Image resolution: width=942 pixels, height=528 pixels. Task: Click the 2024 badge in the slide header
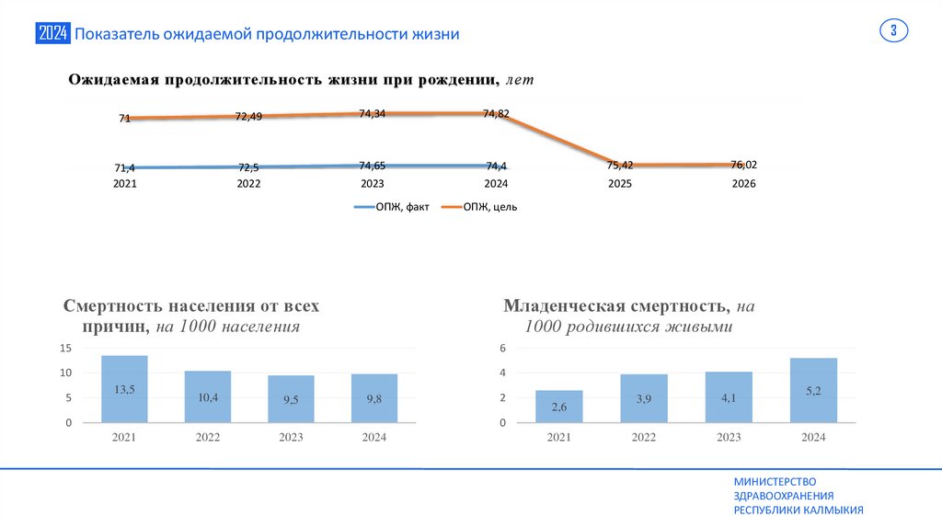[x=53, y=34]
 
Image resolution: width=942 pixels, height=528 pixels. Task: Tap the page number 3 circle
[x=893, y=31]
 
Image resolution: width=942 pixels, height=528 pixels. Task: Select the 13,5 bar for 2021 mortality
[x=124, y=389]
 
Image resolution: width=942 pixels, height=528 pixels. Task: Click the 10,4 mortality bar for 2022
[x=208, y=396]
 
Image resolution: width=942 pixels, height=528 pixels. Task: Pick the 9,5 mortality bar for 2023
[x=291, y=399]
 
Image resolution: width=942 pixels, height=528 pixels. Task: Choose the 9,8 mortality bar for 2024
[x=374, y=398]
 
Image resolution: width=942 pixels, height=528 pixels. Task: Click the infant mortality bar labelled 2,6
[x=559, y=407]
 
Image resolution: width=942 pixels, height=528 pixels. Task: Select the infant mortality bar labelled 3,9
[x=644, y=398]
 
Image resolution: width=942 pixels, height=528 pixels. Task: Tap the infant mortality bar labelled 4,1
[x=729, y=397]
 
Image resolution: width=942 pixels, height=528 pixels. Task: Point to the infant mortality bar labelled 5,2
[x=813, y=390]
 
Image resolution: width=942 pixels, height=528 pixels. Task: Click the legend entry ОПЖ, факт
[x=393, y=207]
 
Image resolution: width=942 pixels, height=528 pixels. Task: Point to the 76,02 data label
[x=743, y=164]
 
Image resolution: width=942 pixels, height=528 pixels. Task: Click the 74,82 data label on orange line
[x=496, y=113]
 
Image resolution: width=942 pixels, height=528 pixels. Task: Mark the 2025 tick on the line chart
[x=620, y=184]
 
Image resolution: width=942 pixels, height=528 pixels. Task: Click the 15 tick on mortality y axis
[x=65, y=349]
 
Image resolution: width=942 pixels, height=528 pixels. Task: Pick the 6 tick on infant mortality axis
[x=503, y=349]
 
